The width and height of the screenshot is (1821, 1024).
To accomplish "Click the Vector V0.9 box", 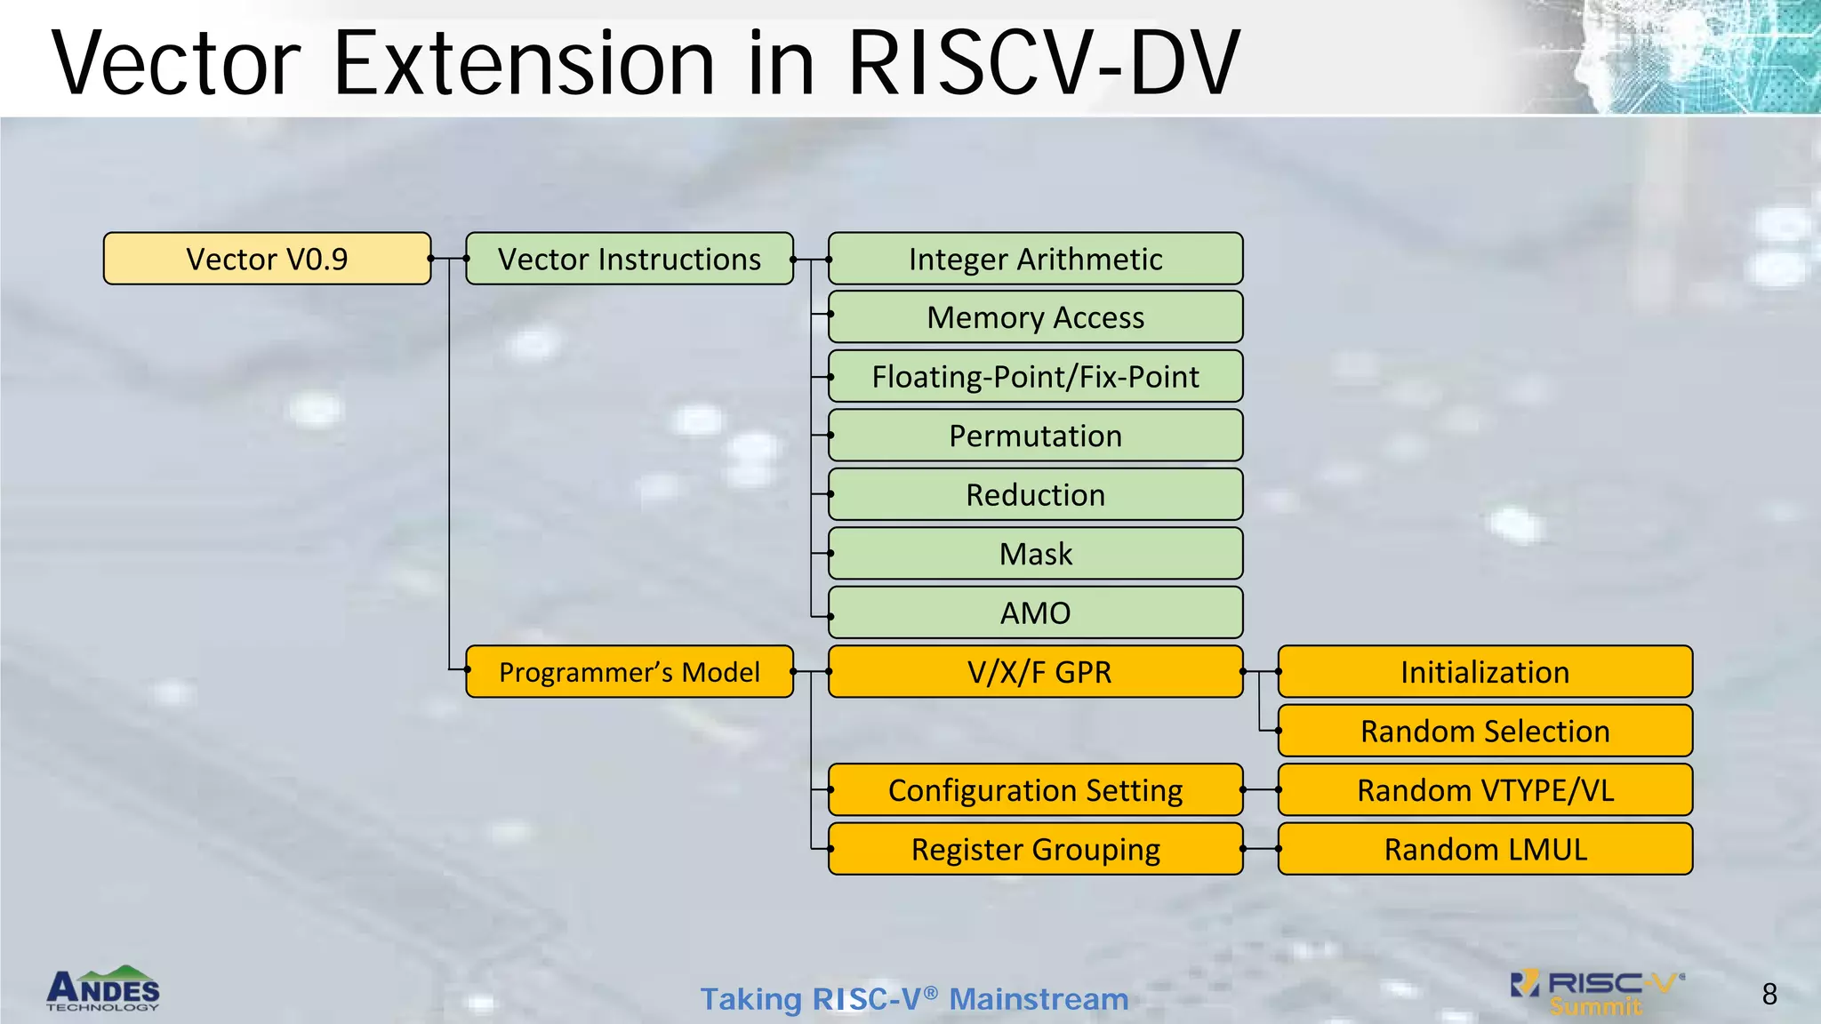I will (x=267, y=259).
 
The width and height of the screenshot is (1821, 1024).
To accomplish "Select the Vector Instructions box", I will (x=630, y=259).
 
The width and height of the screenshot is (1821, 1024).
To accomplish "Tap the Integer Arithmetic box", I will (x=1035, y=259).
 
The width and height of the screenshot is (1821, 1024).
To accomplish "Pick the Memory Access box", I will (x=1035, y=317).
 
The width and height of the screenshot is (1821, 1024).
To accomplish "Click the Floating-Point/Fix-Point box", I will (x=1035, y=376).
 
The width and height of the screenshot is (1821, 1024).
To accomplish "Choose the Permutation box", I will (x=1035, y=436).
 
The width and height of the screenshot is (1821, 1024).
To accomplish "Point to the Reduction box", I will (x=1035, y=494).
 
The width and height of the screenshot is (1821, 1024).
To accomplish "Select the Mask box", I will (x=1035, y=554).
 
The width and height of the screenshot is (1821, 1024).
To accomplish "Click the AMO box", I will (x=1035, y=612).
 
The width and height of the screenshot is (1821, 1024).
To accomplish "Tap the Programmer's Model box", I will (x=630, y=672).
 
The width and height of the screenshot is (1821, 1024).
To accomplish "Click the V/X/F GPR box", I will (x=1035, y=672).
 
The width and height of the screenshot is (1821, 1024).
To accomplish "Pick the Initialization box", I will (x=1485, y=672).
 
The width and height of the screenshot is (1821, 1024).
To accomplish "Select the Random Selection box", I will (x=1485, y=731).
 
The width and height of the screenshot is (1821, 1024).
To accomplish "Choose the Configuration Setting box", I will (x=1035, y=790).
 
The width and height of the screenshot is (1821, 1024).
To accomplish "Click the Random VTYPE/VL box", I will (x=1485, y=790).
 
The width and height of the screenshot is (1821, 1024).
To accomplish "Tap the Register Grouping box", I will (x=1035, y=849).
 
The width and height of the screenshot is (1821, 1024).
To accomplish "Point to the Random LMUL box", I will (x=1485, y=849).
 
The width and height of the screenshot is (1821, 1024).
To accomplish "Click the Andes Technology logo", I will (x=103, y=989).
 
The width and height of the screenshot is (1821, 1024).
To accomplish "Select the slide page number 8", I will (x=1769, y=994).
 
